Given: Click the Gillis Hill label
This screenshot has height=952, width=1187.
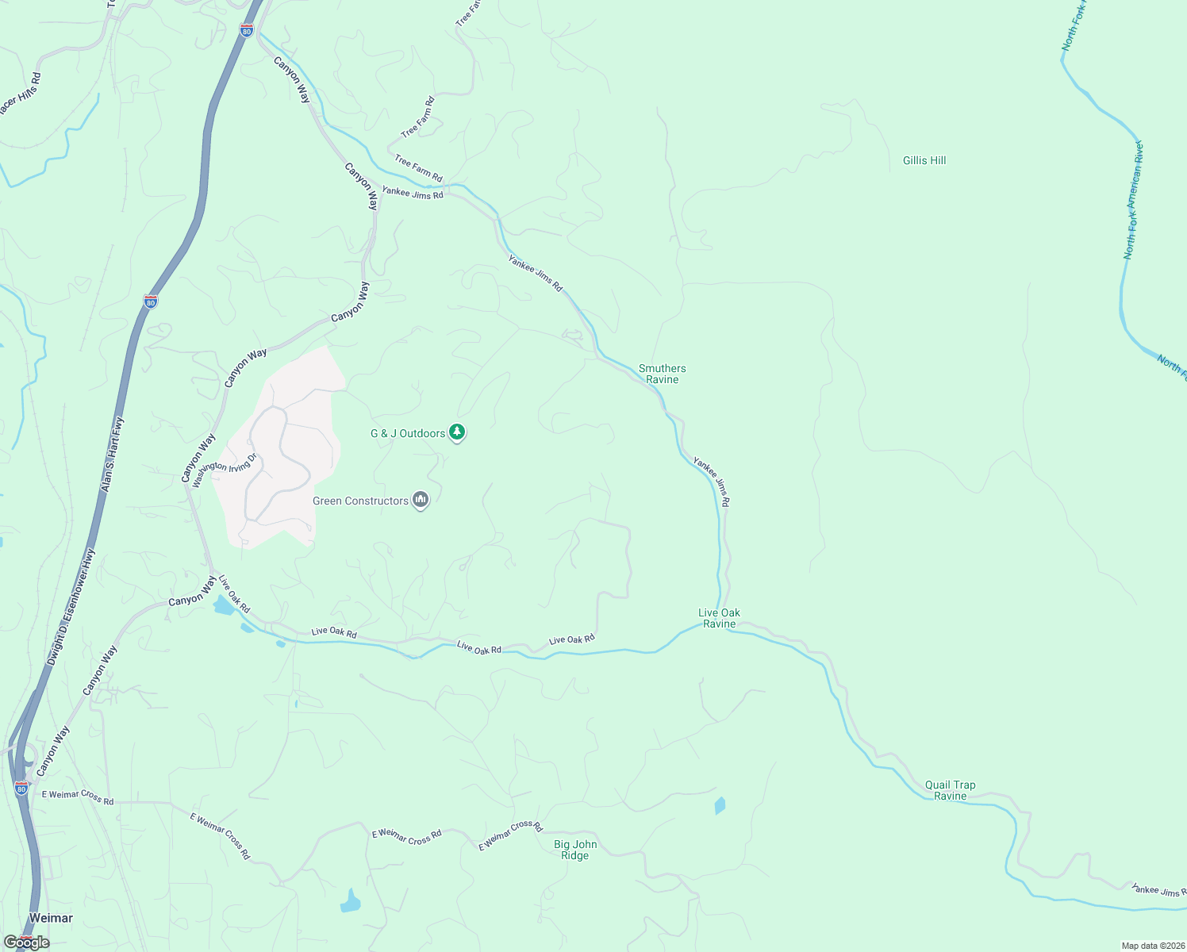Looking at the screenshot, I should pos(924,160).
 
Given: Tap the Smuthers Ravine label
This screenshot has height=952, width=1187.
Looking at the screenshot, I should pos(662,374).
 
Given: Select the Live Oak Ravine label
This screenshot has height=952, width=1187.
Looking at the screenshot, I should pos(719,618).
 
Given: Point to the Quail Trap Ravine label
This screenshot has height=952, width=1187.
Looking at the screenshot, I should pos(950,790).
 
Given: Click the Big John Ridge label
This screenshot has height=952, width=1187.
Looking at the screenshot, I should pos(575,850).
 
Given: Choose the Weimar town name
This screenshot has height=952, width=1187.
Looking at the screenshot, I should pos(51,918).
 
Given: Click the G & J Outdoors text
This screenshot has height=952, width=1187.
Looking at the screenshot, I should pos(408,433).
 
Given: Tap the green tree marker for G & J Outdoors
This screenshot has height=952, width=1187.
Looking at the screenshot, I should pos(457,432).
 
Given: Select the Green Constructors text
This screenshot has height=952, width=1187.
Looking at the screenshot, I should pos(360,501).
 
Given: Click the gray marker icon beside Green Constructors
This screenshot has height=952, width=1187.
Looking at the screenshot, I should pos(421,500).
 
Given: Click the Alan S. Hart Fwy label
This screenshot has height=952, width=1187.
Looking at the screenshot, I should pos(113,455).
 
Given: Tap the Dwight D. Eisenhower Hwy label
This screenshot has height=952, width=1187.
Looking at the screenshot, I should pos(70,608).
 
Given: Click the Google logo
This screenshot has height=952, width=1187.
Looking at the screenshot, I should pos(27,942).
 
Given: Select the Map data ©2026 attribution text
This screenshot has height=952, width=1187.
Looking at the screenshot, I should pos(1151,946).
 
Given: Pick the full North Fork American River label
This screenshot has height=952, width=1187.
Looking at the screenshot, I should pos(1132,201).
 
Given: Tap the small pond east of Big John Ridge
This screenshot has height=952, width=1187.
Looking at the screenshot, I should pos(720,805).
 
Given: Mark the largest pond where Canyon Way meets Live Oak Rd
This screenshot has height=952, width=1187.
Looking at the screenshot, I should pos(223,606).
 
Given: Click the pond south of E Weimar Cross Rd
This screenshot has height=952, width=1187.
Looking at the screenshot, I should pos(350,901).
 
